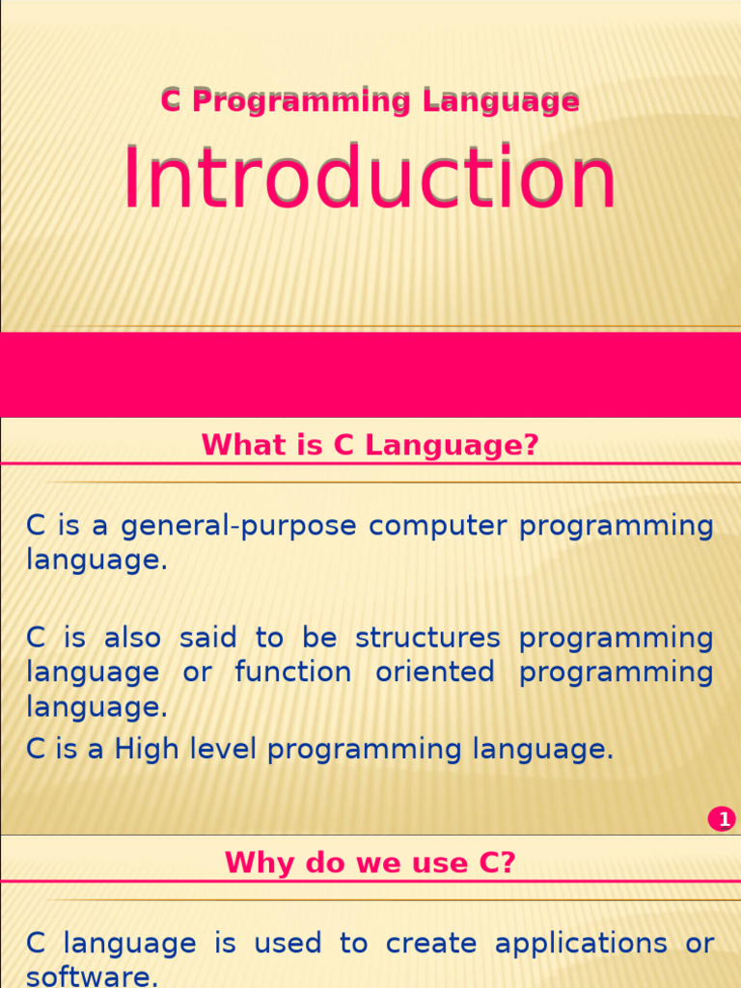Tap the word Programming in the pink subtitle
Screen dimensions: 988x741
coord(300,100)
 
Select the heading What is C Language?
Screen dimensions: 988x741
coord(370,446)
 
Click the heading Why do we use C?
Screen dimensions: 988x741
coord(370,863)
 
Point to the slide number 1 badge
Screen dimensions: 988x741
coord(722,820)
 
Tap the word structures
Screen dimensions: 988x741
coord(427,638)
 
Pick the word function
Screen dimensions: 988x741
coord(292,672)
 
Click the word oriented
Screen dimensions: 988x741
coord(435,672)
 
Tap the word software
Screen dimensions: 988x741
coord(92,977)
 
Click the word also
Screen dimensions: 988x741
coord(132,638)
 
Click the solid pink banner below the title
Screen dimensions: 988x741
coord(370,374)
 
